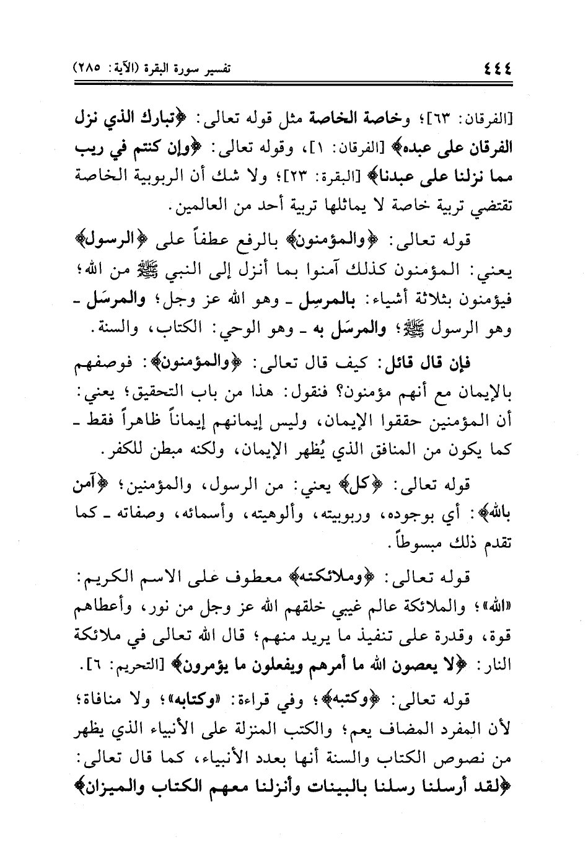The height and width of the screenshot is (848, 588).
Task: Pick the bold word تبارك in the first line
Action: coord(168,117)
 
